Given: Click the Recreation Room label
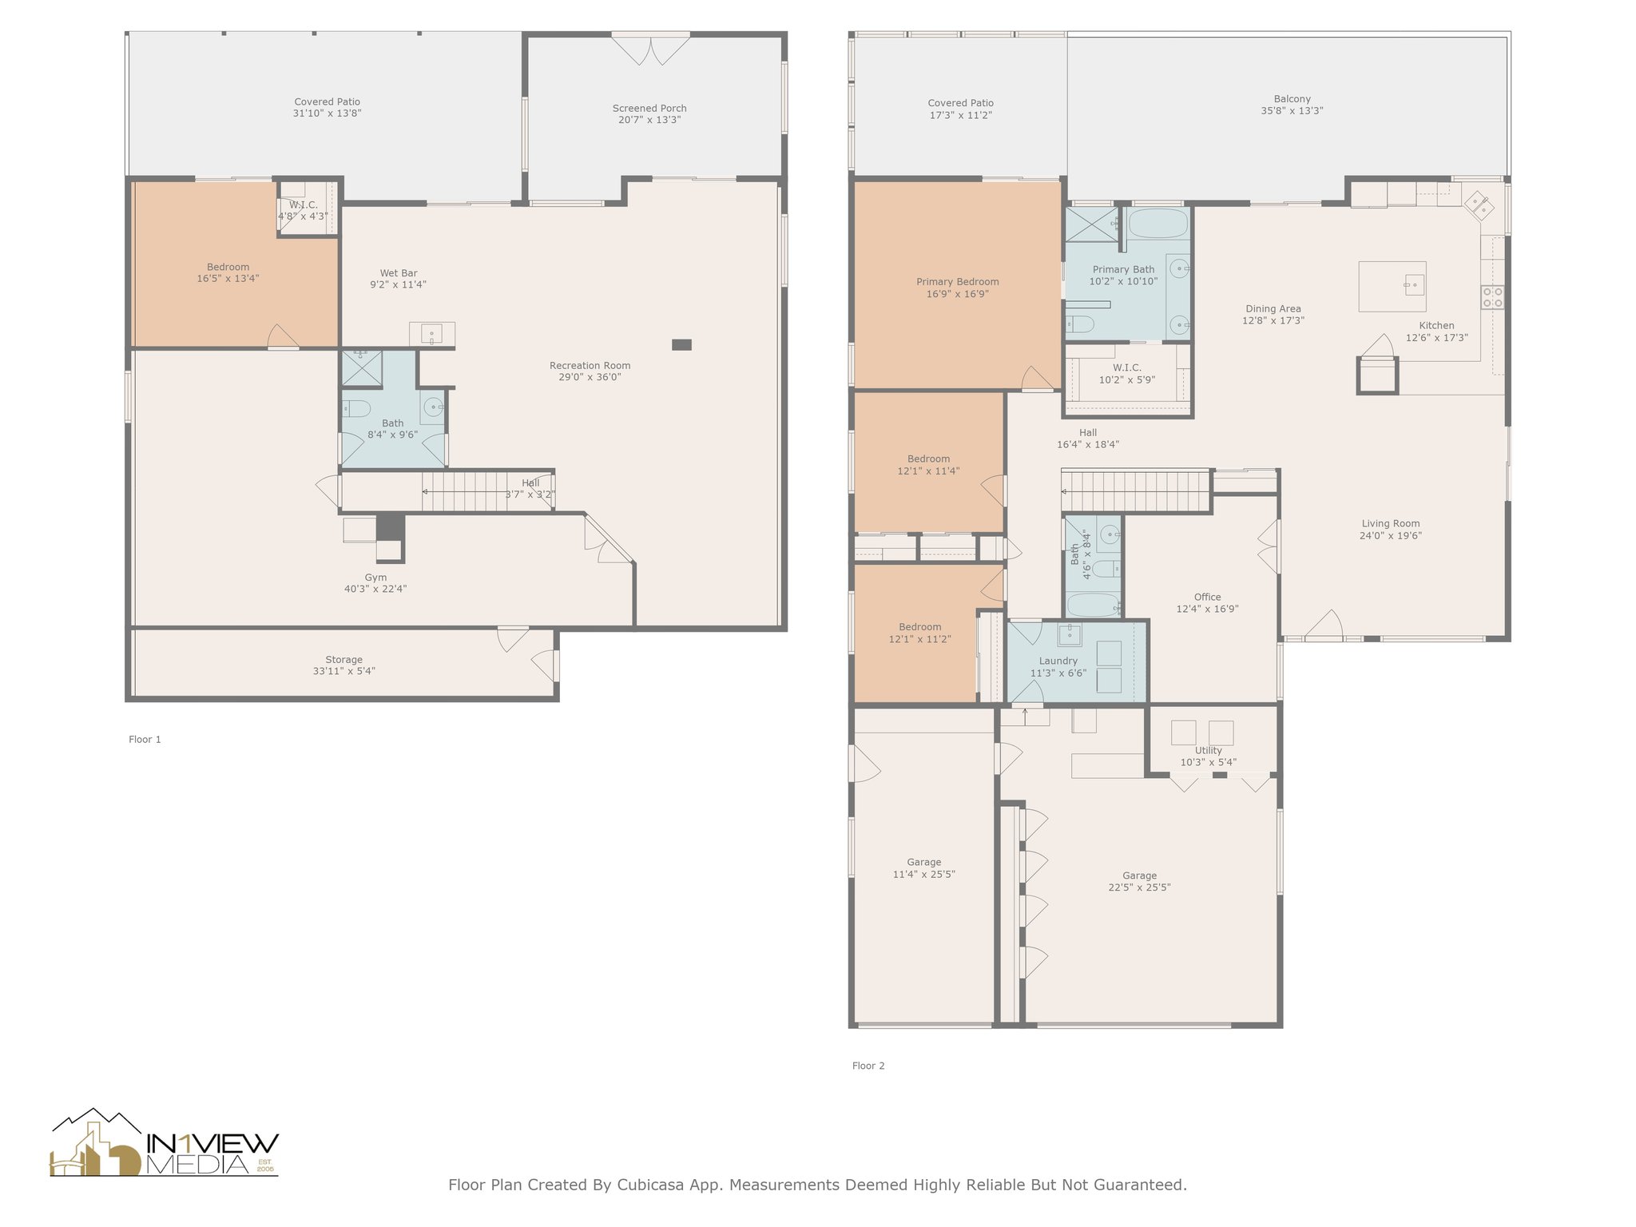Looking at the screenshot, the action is point(590,366).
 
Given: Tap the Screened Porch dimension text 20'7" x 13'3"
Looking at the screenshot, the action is point(649,120).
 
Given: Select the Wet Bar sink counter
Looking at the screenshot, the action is point(432,334).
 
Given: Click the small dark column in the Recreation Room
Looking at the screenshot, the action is point(681,344).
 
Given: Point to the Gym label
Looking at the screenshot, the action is point(375,578).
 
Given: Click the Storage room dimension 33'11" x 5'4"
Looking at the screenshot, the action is point(343,671).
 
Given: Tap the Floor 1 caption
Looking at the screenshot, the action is point(145,740).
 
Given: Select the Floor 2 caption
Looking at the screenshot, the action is point(868,1066).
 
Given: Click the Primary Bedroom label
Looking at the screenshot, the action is point(957,282).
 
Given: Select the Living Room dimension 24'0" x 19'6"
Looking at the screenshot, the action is point(1390,536).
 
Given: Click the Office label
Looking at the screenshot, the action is point(1207,597).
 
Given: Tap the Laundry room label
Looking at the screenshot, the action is point(1058,661).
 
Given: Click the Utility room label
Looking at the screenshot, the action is point(1208,751).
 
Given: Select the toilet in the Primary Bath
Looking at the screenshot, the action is point(1080,324).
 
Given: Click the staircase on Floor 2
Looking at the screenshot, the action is point(1137,491).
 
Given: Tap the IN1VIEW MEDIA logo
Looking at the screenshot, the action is point(165,1143).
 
